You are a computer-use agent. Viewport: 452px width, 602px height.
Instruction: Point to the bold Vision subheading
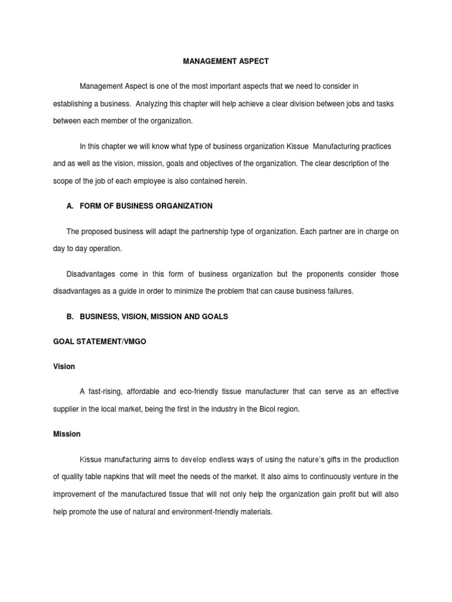click(x=64, y=366)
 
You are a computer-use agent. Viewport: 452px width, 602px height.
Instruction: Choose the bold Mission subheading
click(x=67, y=434)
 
